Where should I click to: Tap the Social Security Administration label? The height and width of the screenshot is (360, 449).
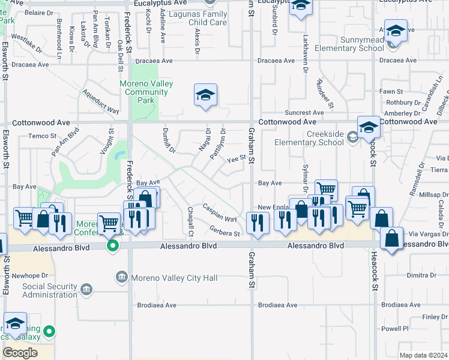point(50,290)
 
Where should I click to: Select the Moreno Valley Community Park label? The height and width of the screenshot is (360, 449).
point(146,92)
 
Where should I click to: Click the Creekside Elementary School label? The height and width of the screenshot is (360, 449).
point(309,138)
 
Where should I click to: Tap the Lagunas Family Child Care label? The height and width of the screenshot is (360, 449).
point(197,18)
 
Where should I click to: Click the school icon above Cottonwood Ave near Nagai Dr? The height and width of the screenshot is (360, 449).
point(205,95)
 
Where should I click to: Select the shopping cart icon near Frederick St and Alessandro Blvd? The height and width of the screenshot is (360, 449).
point(108,224)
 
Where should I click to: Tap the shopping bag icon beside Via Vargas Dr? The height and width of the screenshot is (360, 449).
point(391,239)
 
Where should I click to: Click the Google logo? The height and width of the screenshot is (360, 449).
point(20,353)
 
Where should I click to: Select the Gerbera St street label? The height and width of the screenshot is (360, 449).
point(225,232)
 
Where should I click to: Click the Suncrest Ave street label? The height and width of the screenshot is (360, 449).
point(305,113)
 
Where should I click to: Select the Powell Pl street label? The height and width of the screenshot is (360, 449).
point(394,328)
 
